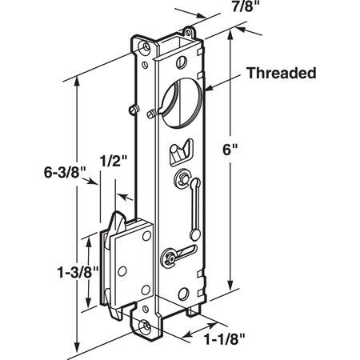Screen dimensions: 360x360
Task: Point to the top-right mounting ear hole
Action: click(190, 33)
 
